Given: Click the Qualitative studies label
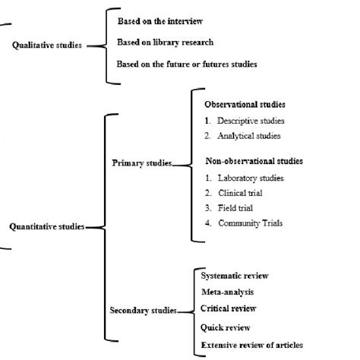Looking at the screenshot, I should pos(48,46).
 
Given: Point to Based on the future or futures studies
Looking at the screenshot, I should pos(187,65).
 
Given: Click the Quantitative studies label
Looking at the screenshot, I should pos(47,226).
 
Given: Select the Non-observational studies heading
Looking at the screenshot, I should pos(254,161).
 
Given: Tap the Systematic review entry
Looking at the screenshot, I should pos(235,276).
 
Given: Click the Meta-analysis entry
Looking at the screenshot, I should pos(228,292).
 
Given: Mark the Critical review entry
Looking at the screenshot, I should pos(229,308).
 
